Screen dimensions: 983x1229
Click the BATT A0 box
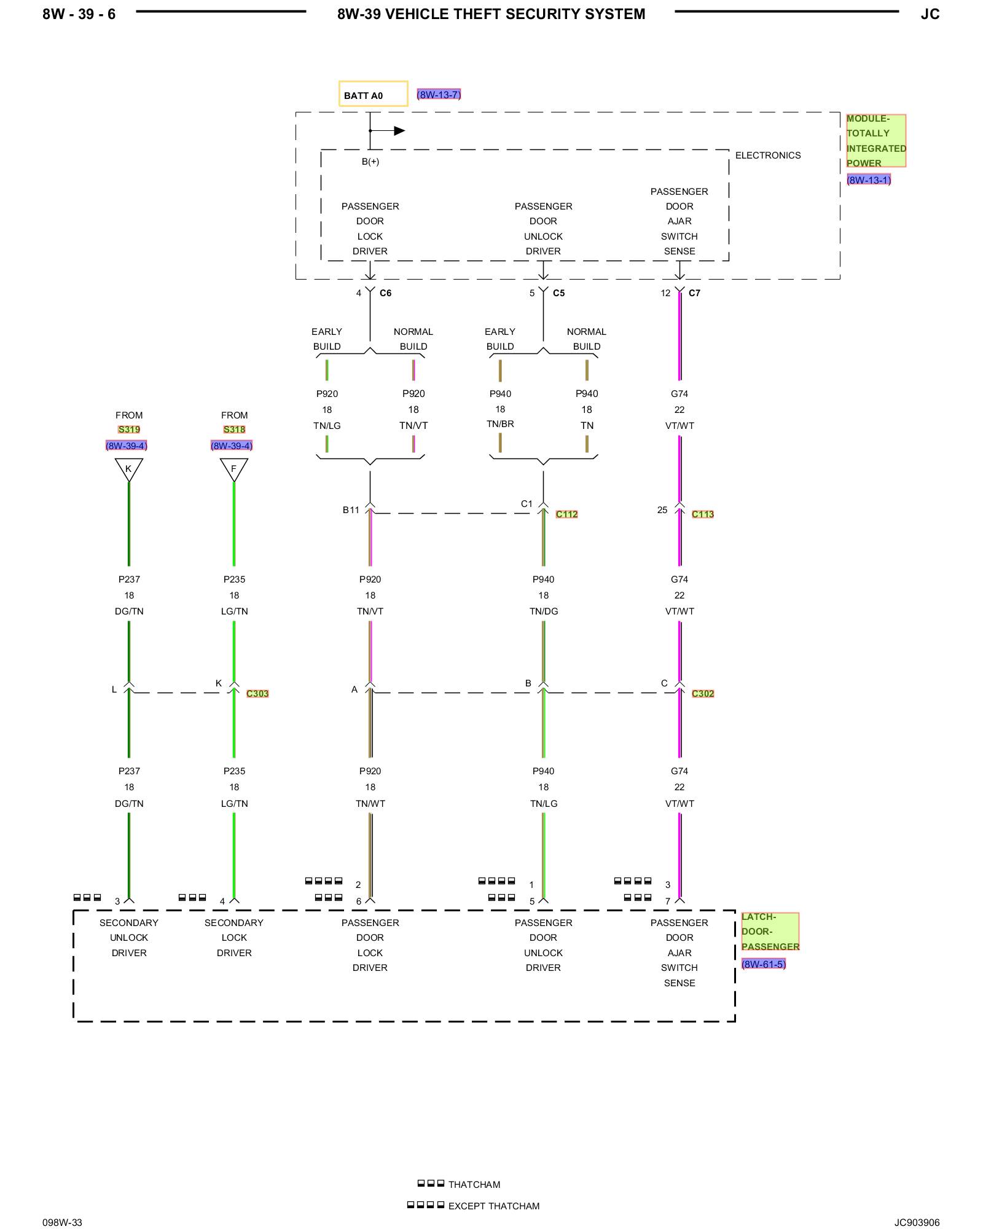(x=373, y=94)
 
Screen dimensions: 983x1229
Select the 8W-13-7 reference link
(x=439, y=95)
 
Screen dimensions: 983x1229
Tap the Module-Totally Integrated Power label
(x=875, y=141)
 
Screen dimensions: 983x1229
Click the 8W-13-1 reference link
(x=869, y=180)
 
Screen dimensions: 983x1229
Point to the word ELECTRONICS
(x=768, y=155)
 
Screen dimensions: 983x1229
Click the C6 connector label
(x=385, y=293)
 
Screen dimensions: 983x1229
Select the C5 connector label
(x=558, y=293)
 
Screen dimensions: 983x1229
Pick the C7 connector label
(x=694, y=293)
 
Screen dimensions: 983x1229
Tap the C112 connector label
(x=566, y=514)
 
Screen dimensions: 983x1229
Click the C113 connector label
(x=703, y=514)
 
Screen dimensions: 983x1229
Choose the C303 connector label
(x=257, y=694)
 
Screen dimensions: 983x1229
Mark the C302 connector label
(x=703, y=694)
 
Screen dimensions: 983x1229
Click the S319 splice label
(x=129, y=430)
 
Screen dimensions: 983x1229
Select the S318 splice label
(x=234, y=430)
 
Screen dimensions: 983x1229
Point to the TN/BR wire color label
(x=500, y=424)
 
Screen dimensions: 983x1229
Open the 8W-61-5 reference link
(x=764, y=964)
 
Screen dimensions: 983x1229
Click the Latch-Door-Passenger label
(x=770, y=932)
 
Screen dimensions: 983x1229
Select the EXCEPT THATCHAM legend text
(x=494, y=1206)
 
